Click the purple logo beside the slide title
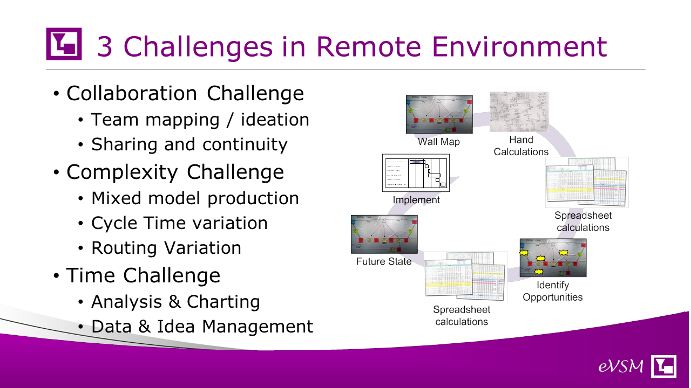(x=64, y=44)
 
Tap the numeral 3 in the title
(x=104, y=46)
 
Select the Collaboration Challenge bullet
(x=185, y=94)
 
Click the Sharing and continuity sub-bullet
(x=189, y=144)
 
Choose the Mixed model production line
(x=195, y=198)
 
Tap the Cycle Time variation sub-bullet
(x=179, y=223)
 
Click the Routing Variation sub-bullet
(x=166, y=248)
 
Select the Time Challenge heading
(x=143, y=275)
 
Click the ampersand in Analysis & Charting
(x=174, y=302)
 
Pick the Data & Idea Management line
(x=202, y=327)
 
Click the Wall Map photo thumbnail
(x=439, y=114)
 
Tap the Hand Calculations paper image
(x=519, y=111)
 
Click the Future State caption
(x=384, y=262)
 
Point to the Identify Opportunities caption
(x=553, y=291)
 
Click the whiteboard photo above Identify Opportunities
(x=553, y=258)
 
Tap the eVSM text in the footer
(x=621, y=367)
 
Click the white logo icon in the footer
(x=664, y=366)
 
